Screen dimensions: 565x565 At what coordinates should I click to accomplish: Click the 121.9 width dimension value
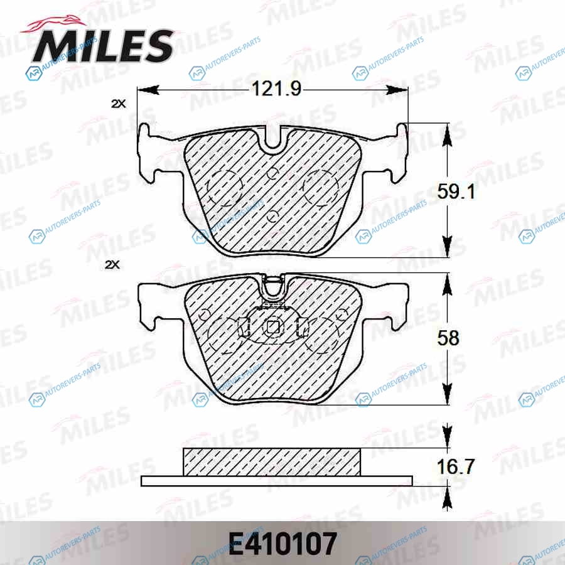276,89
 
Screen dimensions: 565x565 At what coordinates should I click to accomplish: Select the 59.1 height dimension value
456,191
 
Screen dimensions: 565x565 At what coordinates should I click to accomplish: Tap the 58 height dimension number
448,338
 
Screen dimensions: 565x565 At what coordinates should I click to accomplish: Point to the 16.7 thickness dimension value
456,466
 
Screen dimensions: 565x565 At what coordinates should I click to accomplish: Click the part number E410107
282,544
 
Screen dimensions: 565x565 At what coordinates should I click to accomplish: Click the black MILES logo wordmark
104,46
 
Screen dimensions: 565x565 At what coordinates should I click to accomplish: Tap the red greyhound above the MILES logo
54,25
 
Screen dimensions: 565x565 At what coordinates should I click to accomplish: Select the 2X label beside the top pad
118,104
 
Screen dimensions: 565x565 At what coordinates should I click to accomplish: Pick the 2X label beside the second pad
112,265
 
